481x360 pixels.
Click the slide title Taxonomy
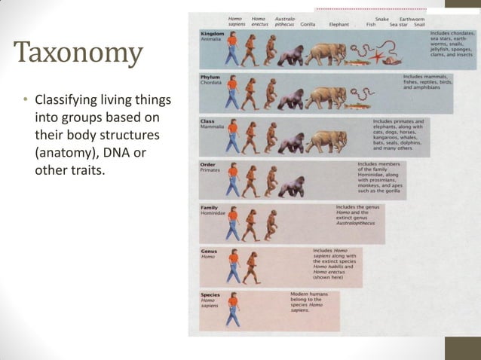78,53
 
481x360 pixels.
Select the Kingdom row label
213,33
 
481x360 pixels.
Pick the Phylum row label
210,77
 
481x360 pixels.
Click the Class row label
207,121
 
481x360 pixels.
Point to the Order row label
208,163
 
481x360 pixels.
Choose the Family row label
210,207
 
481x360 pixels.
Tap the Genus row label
209,251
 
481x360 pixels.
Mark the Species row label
210,294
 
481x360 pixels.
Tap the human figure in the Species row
233,309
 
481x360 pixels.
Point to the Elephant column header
339,24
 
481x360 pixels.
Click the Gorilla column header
308,24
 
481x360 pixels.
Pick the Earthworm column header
412,19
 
